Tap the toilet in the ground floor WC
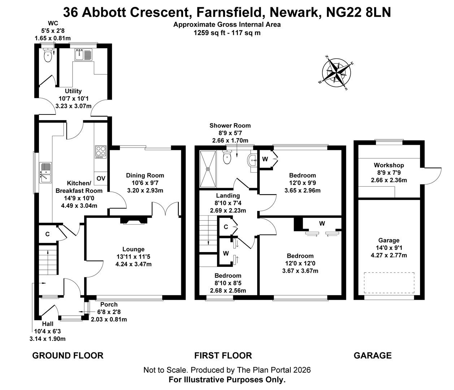47,55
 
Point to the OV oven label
101,178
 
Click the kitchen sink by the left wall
46,173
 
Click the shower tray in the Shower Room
208,169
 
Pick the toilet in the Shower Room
227,157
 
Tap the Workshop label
389,165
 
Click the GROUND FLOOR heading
68,356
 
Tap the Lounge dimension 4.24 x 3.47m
133,264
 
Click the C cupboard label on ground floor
47,234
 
